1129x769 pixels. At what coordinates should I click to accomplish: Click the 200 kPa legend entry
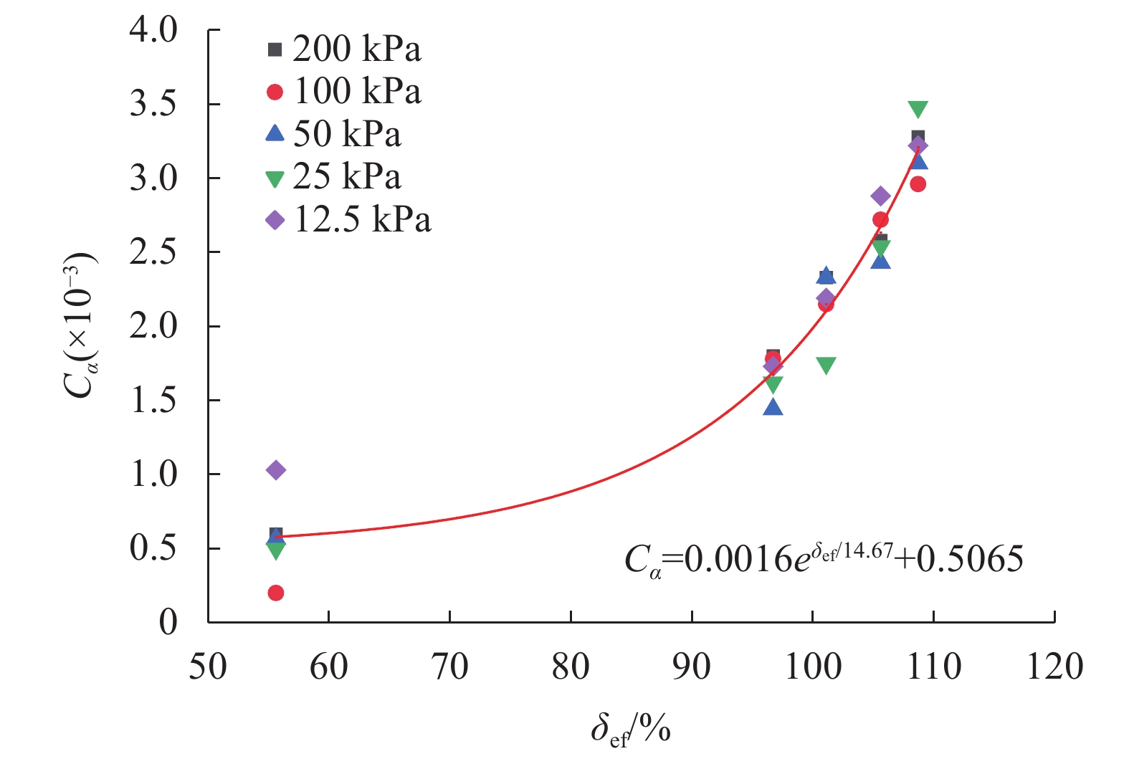[344, 49]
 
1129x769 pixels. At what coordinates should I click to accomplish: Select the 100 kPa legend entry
[344, 92]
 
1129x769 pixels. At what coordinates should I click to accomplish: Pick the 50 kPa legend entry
[334, 134]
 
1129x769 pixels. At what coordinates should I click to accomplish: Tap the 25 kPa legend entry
[334, 177]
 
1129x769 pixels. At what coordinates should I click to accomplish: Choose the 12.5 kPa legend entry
[349, 219]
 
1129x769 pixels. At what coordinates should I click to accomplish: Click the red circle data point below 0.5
[276, 593]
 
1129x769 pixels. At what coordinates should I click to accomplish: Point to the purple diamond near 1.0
[276, 470]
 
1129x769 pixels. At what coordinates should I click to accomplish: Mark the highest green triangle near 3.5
[918, 109]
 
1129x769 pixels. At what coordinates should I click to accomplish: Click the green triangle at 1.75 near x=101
[826, 366]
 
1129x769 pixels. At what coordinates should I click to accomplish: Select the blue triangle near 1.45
[773, 407]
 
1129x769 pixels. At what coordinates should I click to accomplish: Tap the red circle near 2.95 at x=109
[918, 184]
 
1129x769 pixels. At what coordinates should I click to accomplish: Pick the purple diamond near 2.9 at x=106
[881, 196]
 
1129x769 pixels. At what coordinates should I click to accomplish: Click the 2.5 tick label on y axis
[153, 252]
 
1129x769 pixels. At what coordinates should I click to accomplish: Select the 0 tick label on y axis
[168, 622]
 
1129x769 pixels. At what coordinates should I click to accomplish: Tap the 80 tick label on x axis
[571, 667]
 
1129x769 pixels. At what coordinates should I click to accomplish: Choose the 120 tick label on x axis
[1054, 667]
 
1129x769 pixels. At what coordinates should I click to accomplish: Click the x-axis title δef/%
[631, 730]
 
